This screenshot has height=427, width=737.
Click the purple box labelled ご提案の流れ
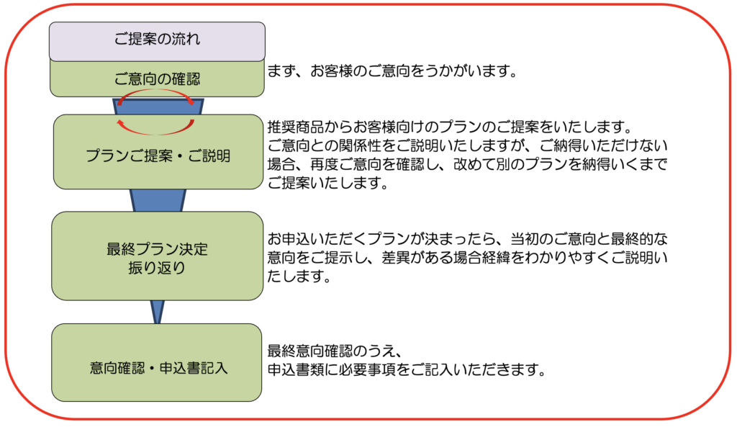pos(157,40)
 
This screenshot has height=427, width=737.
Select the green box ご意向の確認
pos(157,79)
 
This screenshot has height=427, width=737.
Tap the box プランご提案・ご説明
pos(158,156)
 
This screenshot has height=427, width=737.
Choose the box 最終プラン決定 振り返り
pos(157,256)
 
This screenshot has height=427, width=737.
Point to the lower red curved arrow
pos(157,129)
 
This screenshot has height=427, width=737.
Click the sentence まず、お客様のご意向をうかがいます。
pos(393,72)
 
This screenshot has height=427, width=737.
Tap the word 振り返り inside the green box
pos(157,266)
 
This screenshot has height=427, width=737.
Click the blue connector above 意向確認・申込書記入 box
pos(157,312)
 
